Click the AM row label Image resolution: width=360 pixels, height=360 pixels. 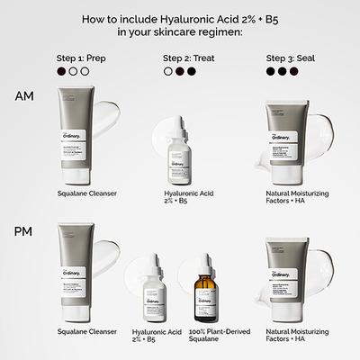pyautogui.click(x=25, y=95)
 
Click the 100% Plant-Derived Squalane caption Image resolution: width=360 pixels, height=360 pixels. pyautogui.click(x=205, y=336)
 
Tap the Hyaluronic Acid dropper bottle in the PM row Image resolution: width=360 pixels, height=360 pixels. pyautogui.click(x=148, y=290)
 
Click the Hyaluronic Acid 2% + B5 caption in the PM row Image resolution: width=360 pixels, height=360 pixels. pyautogui.click(x=148, y=336)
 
